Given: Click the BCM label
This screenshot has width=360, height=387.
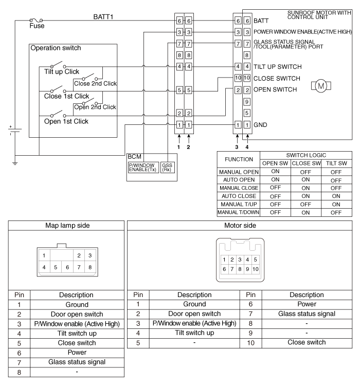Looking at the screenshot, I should (x=135, y=156).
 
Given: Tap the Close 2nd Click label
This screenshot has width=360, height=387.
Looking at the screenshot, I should (x=95, y=83).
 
